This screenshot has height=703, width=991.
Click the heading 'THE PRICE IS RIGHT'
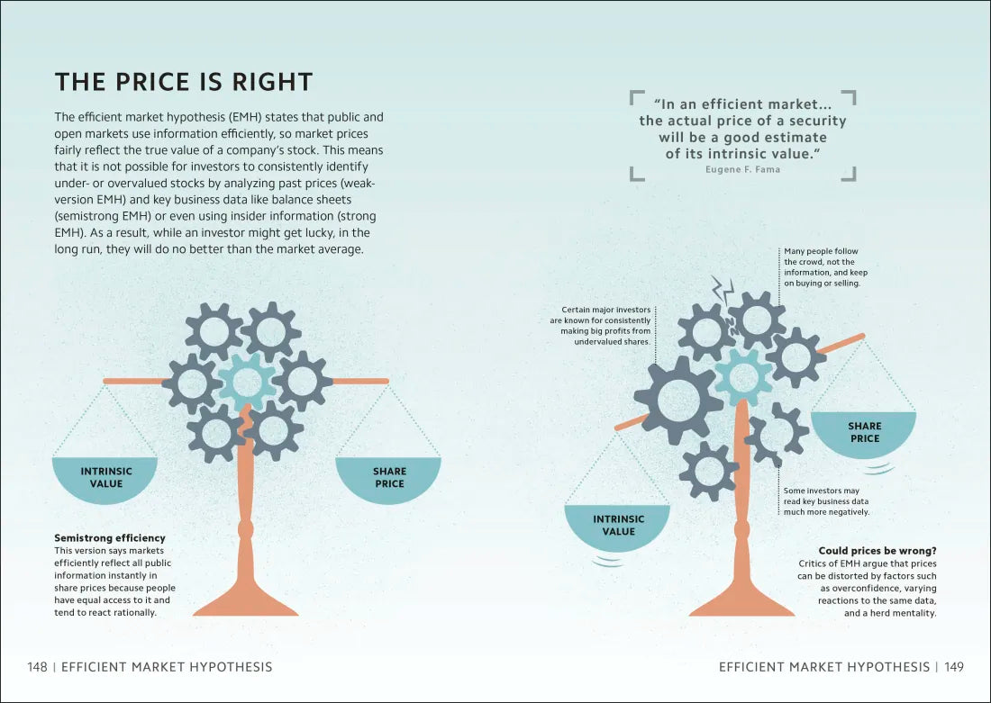point(184,82)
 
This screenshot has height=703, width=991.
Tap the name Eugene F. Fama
point(742,169)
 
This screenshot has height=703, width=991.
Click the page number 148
point(37,667)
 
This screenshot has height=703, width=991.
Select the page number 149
point(954,667)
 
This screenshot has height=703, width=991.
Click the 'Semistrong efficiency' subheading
point(110,538)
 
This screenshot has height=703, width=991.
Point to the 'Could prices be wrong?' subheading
point(877,551)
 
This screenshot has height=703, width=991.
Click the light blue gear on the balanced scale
point(247,382)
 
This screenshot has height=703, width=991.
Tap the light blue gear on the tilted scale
point(743,377)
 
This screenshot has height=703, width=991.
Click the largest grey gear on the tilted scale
point(678,401)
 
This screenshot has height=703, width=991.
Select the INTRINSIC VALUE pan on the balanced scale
point(105,480)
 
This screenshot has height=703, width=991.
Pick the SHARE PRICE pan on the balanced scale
point(388,480)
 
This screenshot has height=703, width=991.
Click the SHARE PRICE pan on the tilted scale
point(863,435)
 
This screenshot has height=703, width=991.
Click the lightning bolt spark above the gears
point(723,291)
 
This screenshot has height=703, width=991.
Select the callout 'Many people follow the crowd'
point(825,267)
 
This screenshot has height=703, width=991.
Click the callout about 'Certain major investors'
point(600,326)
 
